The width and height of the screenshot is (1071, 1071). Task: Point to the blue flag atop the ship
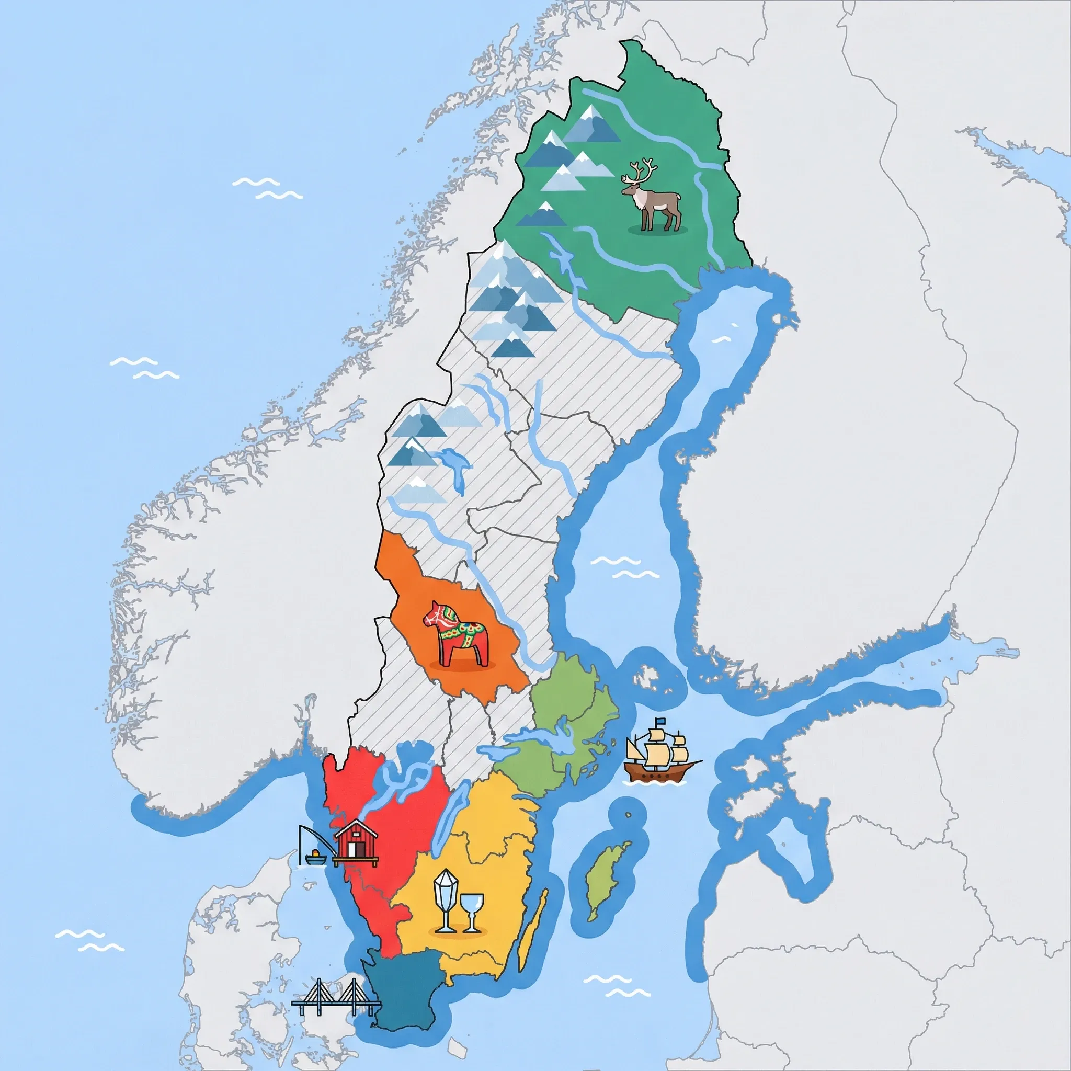pyautogui.click(x=660, y=721)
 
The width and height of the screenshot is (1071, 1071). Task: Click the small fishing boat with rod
pyautogui.click(x=315, y=859)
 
